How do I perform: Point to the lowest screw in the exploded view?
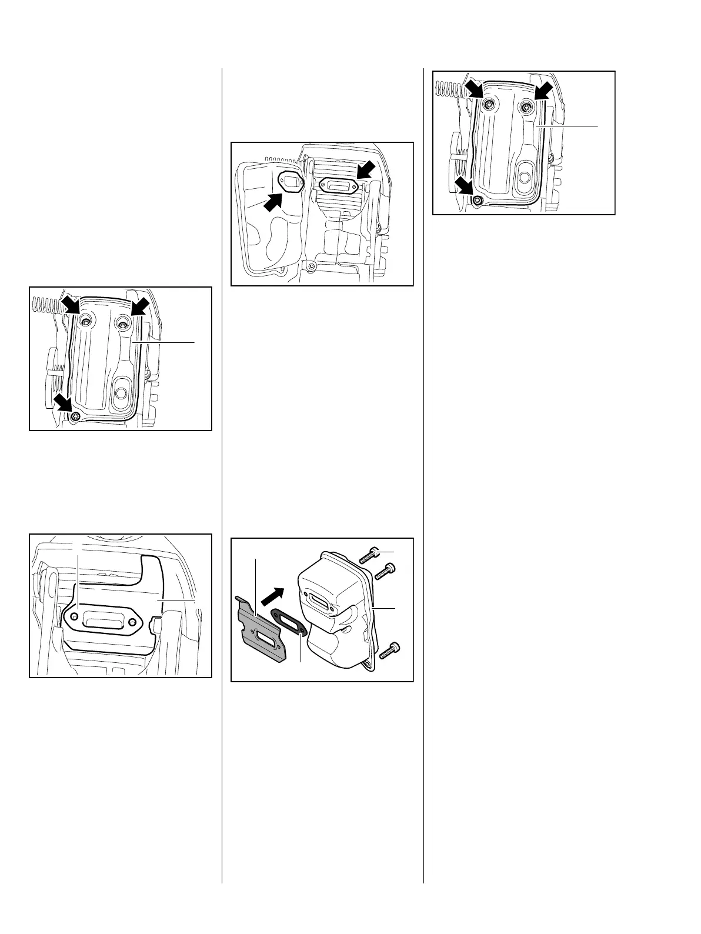[x=390, y=650]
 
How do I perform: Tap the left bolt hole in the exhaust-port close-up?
[x=74, y=616]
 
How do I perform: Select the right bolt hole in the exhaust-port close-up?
[x=134, y=622]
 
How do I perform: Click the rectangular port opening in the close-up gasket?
[x=104, y=619]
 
